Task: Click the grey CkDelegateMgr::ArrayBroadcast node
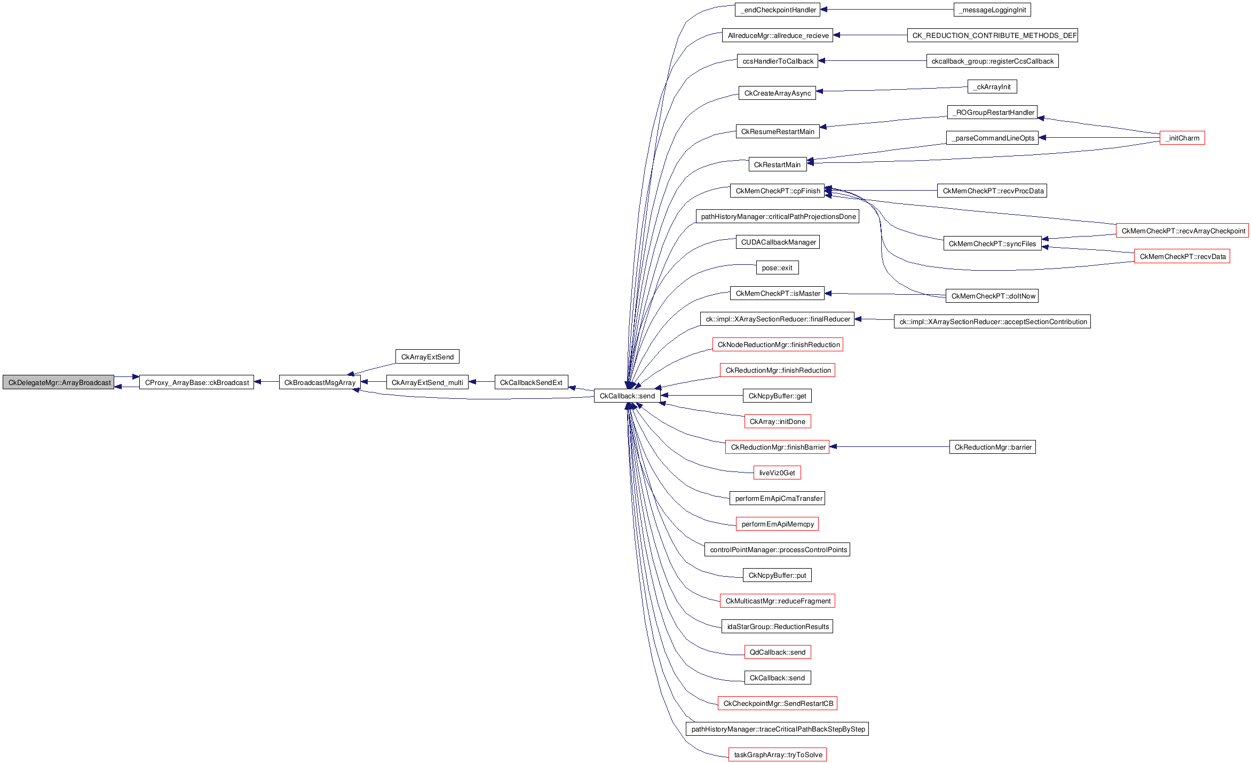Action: [x=58, y=382]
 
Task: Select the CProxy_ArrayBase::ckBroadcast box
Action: [x=196, y=382]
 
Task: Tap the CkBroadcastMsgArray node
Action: [x=320, y=382]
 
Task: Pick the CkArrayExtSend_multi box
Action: [x=427, y=382]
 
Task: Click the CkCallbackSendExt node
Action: [x=531, y=382]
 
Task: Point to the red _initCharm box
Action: [x=1182, y=138]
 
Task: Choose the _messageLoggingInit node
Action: [x=992, y=10]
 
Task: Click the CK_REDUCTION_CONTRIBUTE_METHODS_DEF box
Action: [x=992, y=35]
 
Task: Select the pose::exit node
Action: [x=777, y=268]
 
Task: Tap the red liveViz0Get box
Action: [x=777, y=473]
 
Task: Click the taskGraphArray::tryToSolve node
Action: [x=777, y=754]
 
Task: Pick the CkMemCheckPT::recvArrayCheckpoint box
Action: [x=1182, y=231]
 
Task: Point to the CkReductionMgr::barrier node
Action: [x=992, y=447]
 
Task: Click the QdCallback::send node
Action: [x=777, y=652]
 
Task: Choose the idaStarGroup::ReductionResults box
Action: [x=777, y=626]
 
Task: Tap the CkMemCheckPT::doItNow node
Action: [x=992, y=296]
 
